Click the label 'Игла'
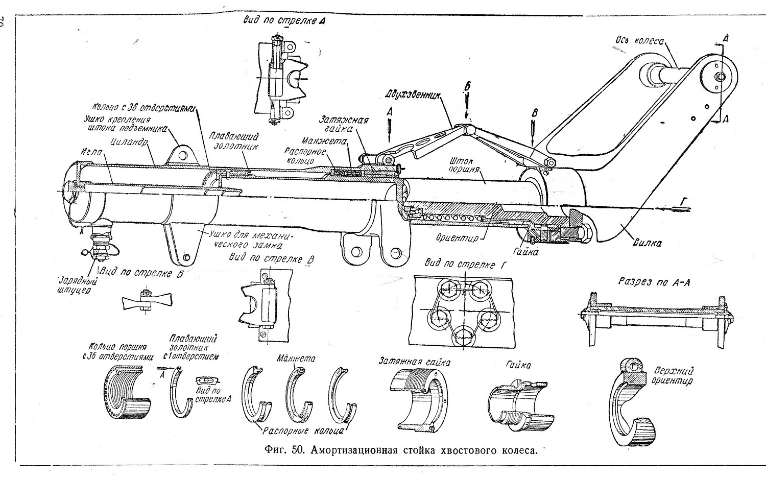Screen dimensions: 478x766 tap(90, 152)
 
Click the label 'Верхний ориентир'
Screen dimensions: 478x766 tap(673, 375)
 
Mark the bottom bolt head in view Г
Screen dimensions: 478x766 tap(464, 336)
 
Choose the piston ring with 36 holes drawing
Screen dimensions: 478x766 tap(128, 394)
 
